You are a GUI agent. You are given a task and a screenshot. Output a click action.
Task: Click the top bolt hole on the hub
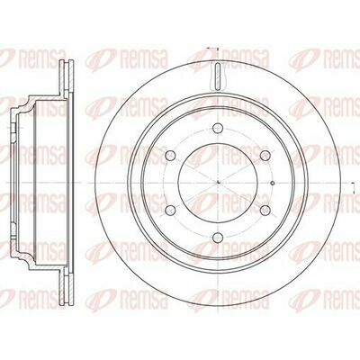(x=218, y=128)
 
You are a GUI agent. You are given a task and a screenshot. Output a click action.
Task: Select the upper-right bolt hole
(x=265, y=155)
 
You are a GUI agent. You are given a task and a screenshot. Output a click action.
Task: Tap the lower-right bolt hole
(x=265, y=210)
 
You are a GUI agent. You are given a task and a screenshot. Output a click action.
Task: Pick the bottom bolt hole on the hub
(x=218, y=238)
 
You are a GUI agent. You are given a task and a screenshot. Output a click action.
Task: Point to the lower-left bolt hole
(x=171, y=210)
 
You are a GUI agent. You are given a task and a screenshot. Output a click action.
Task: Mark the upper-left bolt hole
(x=171, y=155)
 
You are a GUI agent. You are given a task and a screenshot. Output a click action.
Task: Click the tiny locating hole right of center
(x=273, y=183)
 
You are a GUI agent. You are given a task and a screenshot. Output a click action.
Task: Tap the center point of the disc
(x=218, y=183)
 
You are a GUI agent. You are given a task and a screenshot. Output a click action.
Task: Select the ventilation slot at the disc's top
(x=218, y=76)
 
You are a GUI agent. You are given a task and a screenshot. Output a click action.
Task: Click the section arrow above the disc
(x=212, y=48)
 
